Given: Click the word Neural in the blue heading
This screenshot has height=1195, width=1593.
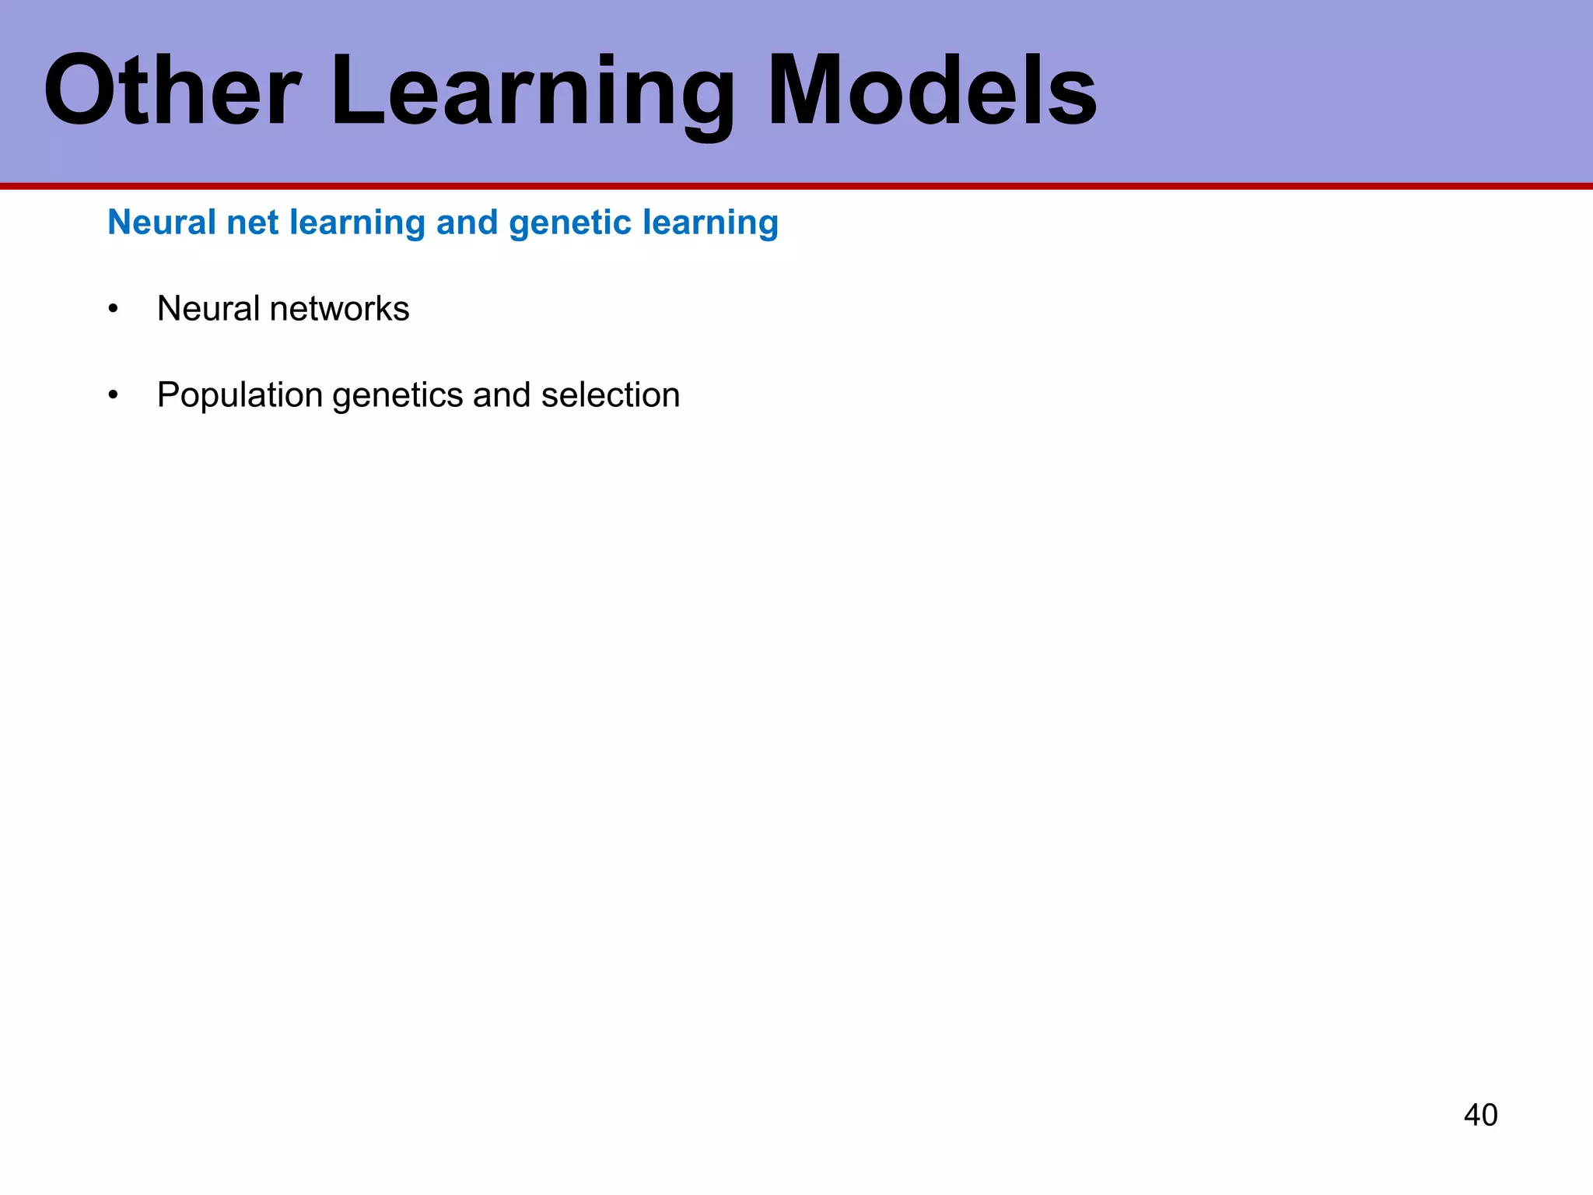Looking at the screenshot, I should [161, 223].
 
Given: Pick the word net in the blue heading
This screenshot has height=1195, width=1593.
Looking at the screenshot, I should [253, 223].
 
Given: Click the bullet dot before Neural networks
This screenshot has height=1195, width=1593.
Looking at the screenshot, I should [114, 310].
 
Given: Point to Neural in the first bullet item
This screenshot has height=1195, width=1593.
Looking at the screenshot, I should [208, 309].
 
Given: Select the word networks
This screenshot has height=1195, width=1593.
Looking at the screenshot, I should [339, 309].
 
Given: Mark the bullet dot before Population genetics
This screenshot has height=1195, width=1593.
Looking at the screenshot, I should [114, 396].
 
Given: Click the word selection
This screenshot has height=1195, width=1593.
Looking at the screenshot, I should [611, 395].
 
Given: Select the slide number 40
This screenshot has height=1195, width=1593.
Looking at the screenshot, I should [1479, 1115].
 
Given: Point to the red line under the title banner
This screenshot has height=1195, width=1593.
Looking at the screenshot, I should [796, 186].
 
